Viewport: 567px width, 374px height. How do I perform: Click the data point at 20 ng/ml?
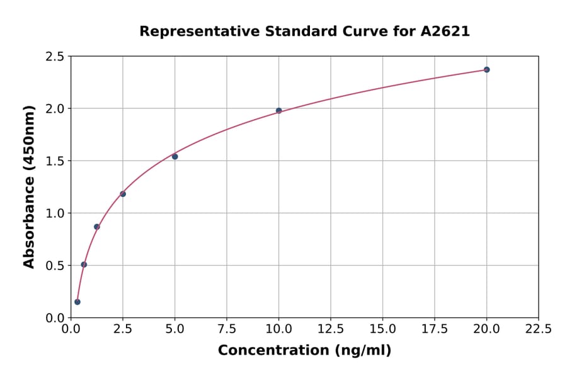[x=486, y=69]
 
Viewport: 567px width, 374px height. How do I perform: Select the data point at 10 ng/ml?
[x=278, y=111]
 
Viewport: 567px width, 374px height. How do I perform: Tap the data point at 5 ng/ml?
[x=175, y=156]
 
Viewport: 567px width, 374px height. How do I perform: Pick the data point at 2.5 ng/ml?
[x=123, y=194]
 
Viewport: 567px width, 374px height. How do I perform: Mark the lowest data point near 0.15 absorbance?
[x=77, y=302]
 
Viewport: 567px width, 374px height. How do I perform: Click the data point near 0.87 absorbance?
[x=97, y=227]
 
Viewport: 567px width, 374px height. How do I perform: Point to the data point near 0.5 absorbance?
[x=84, y=264]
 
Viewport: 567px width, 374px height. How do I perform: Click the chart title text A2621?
[x=445, y=31]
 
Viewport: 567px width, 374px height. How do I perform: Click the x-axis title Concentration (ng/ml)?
[x=304, y=351]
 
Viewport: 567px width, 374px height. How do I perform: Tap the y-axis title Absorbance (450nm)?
[x=29, y=187]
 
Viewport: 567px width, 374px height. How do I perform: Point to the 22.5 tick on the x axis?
[x=538, y=329]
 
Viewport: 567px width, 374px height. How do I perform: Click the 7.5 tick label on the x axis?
[x=227, y=329]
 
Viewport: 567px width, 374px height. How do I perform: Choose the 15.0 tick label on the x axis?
[x=382, y=329]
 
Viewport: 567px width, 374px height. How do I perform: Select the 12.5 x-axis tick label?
[x=331, y=329]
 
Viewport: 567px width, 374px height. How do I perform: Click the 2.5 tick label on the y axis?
[x=54, y=57]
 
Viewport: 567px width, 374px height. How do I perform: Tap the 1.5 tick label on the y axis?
[x=54, y=161]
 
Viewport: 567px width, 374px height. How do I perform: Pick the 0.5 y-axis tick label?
[x=54, y=266]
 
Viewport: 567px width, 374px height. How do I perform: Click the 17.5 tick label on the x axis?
[x=434, y=329]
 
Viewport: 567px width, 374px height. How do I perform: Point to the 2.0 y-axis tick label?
[x=54, y=109]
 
